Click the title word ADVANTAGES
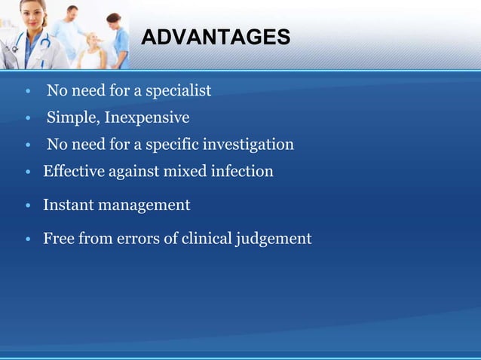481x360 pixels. [x=215, y=37]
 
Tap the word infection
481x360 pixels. [x=240, y=172]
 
